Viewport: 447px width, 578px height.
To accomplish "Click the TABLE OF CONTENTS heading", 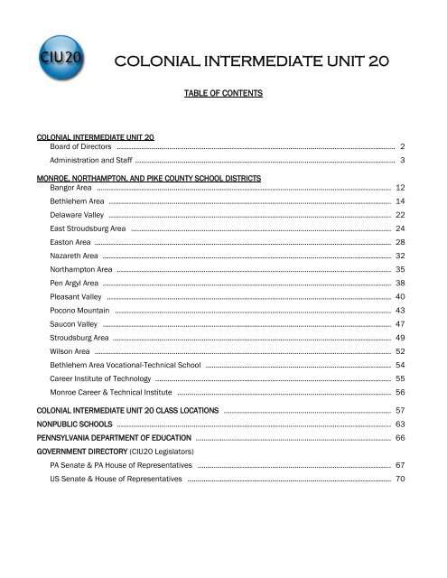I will [222, 93].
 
